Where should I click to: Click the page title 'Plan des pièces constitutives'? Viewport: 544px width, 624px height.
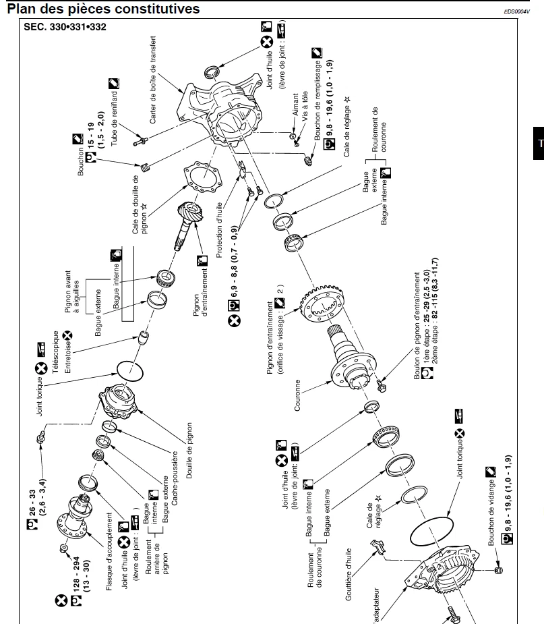pos(102,9)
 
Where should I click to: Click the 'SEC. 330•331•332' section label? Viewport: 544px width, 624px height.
pos(65,27)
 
